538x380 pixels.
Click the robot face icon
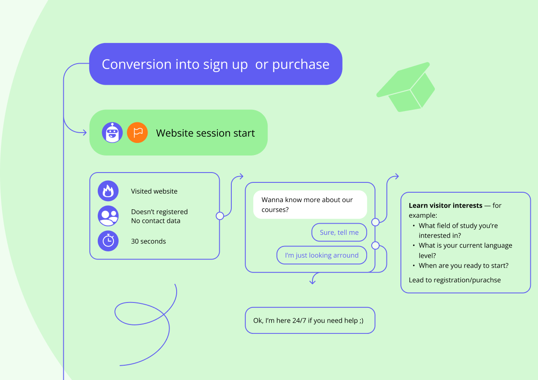pyautogui.click(x=112, y=133)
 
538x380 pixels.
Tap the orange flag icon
pyautogui.click(x=137, y=133)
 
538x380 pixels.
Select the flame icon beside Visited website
pyautogui.click(x=108, y=191)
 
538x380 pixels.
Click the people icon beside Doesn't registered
pyautogui.click(x=108, y=216)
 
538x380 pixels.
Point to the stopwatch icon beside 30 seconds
pyautogui.click(x=108, y=241)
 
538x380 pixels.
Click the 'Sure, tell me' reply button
pyautogui.click(x=339, y=233)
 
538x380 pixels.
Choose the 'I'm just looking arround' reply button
pyautogui.click(x=321, y=255)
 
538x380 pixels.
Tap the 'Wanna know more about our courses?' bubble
pyautogui.click(x=310, y=205)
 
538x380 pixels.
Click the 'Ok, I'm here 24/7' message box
pyautogui.click(x=310, y=320)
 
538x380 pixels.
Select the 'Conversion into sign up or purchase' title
pyautogui.click(x=216, y=64)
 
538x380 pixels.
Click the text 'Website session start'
pyautogui.click(x=205, y=133)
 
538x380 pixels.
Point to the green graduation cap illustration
pyautogui.click(x=406, y=87)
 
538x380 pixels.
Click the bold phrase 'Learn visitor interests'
pyautogui.click(x=445, y=206)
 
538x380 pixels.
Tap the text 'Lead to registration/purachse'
pyautogui.click(x=455, y=280)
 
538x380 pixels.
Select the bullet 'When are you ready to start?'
pyautogui.click(x=463, y=266)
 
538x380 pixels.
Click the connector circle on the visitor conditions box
pyautogui.click(x=220, y=216)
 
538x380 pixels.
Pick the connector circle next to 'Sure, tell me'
pyautogui.click(x=375, y=222)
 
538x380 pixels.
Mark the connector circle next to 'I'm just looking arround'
pyautogui.click(x=375, y=246)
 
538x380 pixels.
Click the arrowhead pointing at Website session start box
pyautogui.click(x=84, y=133)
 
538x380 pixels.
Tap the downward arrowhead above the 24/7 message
pyautogui.click(x=313, y=281)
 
